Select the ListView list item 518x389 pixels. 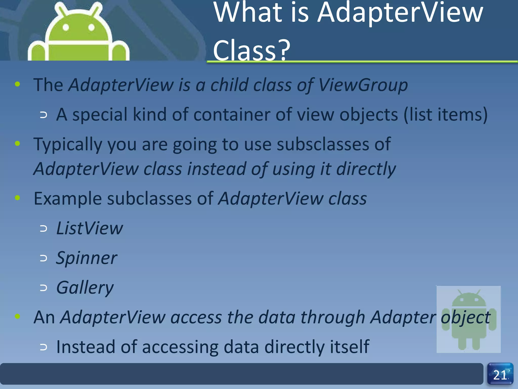pos(89,228)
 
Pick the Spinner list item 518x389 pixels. pos(87,258)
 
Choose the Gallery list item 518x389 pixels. pos(85,288)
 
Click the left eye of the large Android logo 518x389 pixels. pos(66,27)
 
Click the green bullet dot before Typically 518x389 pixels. pos(17,144)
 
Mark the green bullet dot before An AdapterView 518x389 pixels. pos(17,316)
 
